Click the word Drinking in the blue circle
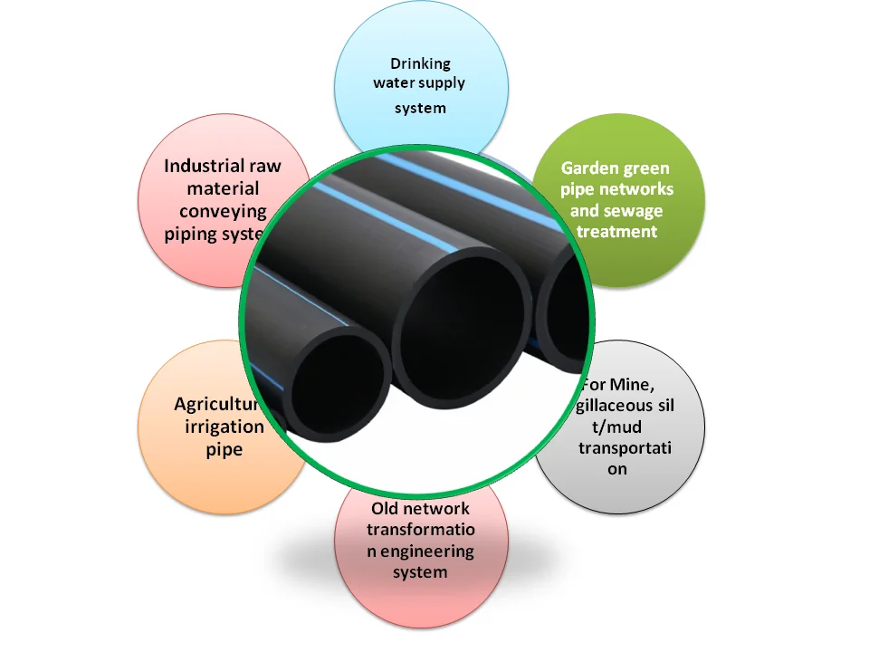click(420, 63)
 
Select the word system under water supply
click(420, 109)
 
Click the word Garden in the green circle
click(589, 168)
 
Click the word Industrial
click(204, 166)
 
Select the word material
click(223, 188)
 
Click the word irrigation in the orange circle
click(224, 427)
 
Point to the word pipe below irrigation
click(224, 449)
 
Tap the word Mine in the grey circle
click(634, 384)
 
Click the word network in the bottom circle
click(438, 509)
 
